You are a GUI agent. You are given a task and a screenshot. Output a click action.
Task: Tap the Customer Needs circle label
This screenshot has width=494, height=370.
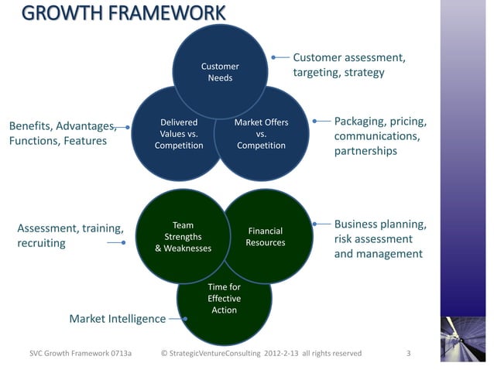220,72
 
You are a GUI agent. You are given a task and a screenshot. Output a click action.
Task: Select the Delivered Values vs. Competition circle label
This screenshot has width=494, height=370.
179,134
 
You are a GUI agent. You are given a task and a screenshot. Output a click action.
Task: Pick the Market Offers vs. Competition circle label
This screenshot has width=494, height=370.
261,134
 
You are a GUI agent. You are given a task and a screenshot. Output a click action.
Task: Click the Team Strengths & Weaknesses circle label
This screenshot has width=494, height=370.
183,237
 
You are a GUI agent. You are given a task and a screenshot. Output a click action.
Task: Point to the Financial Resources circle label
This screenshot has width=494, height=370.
265,237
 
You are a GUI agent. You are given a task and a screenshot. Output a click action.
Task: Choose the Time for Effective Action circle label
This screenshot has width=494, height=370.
224,299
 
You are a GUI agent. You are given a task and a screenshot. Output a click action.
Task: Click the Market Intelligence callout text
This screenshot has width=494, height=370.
118,319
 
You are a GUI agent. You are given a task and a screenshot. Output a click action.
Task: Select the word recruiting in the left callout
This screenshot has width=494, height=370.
41,244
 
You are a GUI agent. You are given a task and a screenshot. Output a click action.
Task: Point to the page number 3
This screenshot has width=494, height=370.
408,354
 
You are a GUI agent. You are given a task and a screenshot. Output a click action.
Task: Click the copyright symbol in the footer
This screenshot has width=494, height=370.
164,354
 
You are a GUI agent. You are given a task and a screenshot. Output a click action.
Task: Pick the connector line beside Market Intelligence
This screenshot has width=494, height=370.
177,318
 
